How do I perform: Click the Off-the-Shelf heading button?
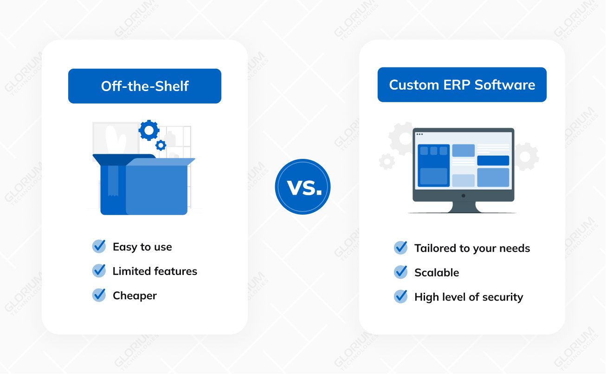(145, 86)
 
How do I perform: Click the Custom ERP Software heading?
(462, 85)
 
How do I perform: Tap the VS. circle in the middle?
(303, 187)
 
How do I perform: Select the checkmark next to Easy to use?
(99, 246)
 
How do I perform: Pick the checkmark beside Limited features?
(99, 270)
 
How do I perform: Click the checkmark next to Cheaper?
(99, 295)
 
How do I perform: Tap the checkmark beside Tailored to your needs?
(400, 248)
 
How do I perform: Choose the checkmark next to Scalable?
(400, 272)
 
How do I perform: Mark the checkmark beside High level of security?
(400, 296)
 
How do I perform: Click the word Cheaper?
(135, 296)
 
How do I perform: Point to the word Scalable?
(437, 272)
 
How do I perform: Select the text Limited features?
(155, 271)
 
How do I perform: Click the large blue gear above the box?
(149, 130)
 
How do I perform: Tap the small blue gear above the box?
(161, 145)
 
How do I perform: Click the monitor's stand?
(463, 207)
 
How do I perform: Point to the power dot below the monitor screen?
(464, 196)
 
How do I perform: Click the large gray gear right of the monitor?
(526, 157)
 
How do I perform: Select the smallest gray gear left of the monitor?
(387, 162)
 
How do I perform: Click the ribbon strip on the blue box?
(113, 181)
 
